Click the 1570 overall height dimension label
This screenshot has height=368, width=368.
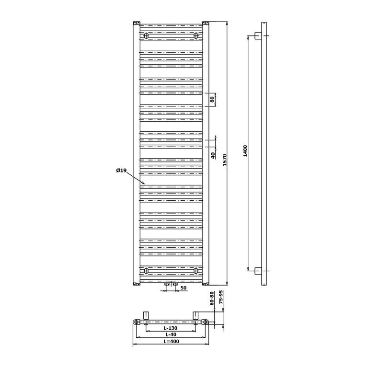[225, 160]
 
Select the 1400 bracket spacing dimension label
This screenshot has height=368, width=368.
[245, 151]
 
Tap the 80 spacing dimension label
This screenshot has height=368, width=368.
[212, 99]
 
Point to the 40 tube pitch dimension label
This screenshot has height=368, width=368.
[213, 155]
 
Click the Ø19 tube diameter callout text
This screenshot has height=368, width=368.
[121, 171]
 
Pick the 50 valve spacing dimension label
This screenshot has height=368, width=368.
[184, 287]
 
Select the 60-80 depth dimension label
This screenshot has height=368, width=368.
[212, 299]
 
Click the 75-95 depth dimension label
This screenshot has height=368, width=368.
[221, 298]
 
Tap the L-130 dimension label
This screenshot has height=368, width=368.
[171, 328]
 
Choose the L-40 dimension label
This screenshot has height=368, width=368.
[171, 334]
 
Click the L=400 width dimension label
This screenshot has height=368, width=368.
[172, 341]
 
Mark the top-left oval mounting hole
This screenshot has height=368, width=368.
[146, 35]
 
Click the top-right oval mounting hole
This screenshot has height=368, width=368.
[196, 35]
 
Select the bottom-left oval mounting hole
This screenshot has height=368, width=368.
[146, 271]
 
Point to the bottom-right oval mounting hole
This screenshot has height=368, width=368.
[196, 271]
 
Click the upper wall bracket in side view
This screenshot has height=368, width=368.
[258, 35]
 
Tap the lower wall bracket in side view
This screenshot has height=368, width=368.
[258, 271]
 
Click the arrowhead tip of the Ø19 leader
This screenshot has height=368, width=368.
[145, 184]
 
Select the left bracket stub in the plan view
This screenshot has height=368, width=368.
[146, 315]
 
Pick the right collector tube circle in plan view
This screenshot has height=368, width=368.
[206, 322]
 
